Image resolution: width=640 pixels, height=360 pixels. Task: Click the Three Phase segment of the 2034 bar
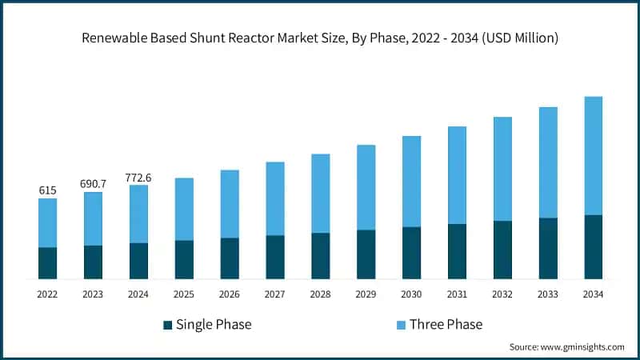593,156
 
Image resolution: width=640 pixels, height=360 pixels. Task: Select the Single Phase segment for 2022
47,263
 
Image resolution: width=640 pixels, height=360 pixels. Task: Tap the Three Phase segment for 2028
320,194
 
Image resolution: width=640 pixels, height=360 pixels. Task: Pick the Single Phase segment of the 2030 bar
411,253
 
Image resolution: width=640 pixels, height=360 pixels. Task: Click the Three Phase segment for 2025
184,209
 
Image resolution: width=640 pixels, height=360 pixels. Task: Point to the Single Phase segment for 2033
548,248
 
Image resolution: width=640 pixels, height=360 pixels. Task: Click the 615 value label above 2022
47,190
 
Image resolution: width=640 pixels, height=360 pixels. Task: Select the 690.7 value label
93,184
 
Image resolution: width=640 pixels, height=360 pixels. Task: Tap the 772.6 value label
138,177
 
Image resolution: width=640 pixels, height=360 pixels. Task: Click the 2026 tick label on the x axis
230,294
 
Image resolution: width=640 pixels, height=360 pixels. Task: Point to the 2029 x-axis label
366,294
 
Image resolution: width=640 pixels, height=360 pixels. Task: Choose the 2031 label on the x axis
457,294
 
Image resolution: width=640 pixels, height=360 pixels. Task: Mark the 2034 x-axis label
593,294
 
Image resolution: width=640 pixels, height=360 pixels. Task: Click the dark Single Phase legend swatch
168,325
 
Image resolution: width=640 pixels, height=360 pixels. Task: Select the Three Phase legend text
446,325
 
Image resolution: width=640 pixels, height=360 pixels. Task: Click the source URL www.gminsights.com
584,347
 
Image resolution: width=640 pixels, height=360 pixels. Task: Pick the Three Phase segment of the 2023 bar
93,218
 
